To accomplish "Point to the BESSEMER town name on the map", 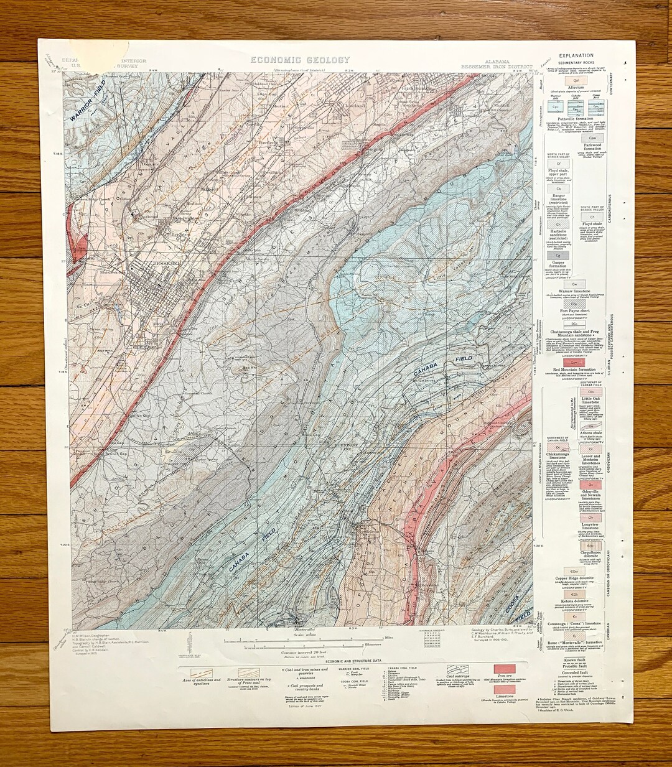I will coord(166,263).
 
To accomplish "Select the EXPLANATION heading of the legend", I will coord(576,56).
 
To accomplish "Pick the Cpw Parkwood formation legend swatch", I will coord(592,138).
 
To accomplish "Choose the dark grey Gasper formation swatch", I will coord(558,255).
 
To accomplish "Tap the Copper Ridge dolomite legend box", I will coord(576,570).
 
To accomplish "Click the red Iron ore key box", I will coord(505,670).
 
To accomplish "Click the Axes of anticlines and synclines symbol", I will coord(198,673).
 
